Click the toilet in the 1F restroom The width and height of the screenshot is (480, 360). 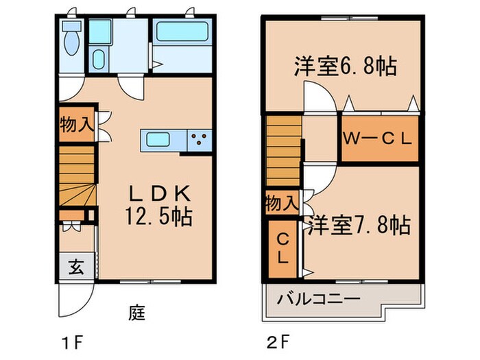pyautogui.click(x=71, y=43)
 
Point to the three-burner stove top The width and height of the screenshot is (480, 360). pyautogui.click(x=200, y=141)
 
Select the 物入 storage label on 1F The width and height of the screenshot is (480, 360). pyautogui.click(x=75, y=126)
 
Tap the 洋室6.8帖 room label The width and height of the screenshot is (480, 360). pyautogui.click(x=346, y=68)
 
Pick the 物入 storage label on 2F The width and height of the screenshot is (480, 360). pyautogui.click(x=282, y=203)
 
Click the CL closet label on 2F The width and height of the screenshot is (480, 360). pyautogui.click(x=282, y=250)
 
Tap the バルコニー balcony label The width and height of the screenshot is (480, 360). pyautogui.click(x=320, y=300)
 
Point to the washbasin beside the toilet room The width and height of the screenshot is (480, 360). pyautogui.click(x=100, y=57)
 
